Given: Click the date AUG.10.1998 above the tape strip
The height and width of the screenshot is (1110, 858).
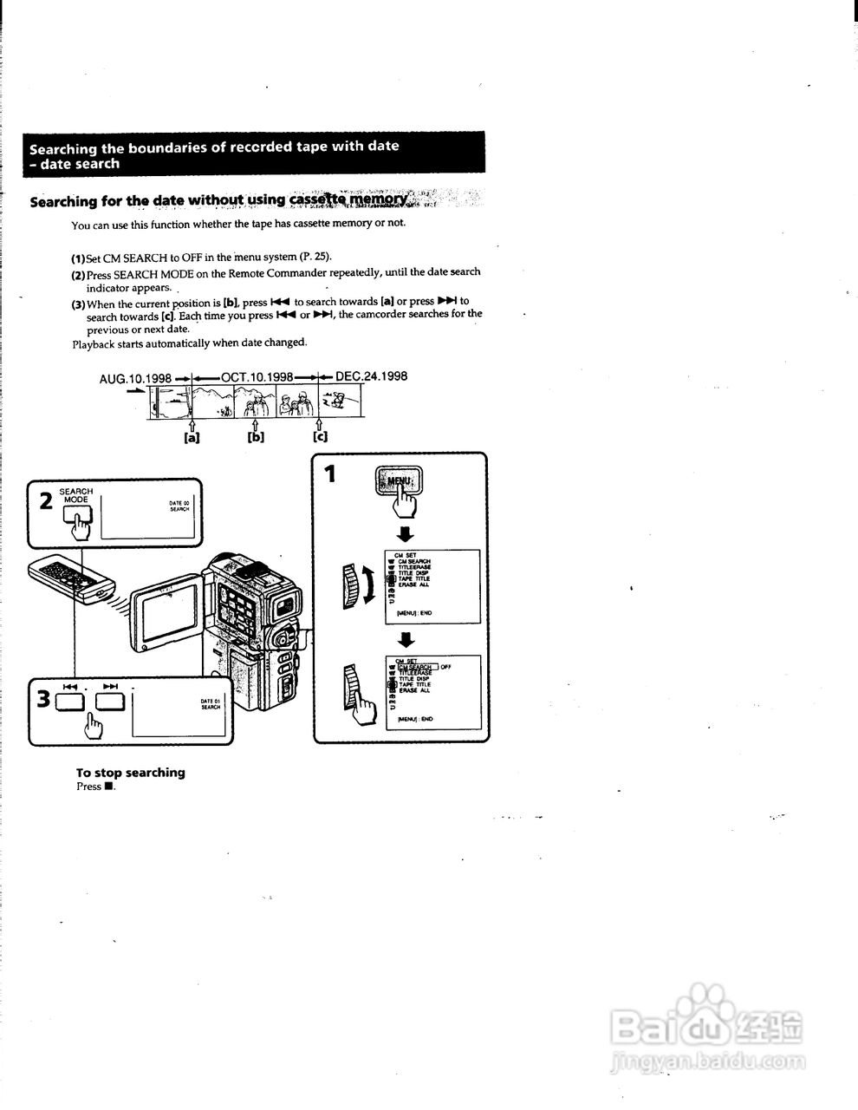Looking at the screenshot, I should [x=135, y=379].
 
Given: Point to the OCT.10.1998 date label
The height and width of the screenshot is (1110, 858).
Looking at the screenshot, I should [x=257, y=377].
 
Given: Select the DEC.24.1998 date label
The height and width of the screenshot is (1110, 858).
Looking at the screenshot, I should [x=371, y=376].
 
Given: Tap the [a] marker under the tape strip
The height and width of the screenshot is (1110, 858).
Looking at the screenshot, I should [x=192, y=438].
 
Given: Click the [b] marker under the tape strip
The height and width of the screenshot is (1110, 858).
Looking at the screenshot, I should [x=256, y=437].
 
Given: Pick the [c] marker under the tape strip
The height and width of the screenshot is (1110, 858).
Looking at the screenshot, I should [x=321, y=436].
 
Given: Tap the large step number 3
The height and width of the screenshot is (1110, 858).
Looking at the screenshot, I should [x=42, y=698].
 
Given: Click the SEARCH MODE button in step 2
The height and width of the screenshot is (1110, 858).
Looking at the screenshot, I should [x=77, y=518].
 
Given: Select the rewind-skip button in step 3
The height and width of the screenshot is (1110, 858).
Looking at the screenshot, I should [x=70, y=700].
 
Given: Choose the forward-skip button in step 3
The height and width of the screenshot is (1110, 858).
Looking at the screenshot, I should [x=110, y=699].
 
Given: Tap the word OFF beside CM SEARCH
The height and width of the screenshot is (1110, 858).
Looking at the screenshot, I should [x=445, y=667].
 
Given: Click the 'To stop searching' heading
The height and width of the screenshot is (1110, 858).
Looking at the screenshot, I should [x=130, y=773].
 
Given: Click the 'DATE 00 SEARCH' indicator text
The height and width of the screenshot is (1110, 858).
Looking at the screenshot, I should [x=179, y=506].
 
